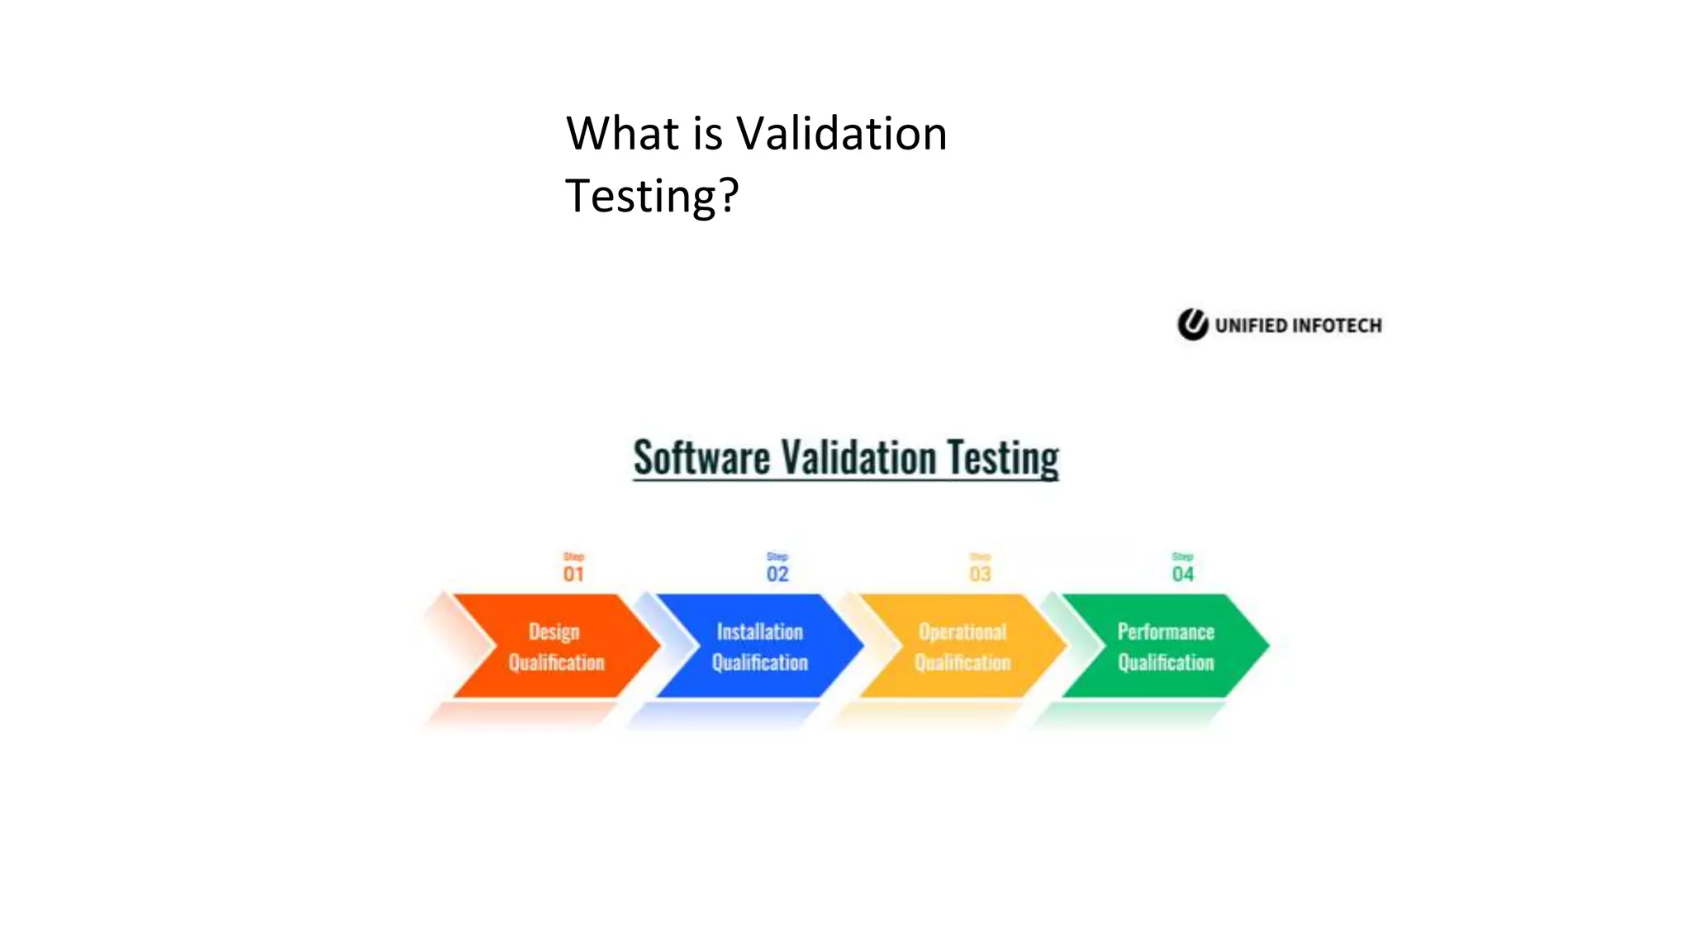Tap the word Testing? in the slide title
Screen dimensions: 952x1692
point(652,196)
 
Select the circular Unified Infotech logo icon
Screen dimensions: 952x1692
point(1192,325)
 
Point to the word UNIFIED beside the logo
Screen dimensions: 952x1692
point(1251,326)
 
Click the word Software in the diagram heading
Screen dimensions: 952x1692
point(701,458)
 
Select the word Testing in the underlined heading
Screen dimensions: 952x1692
point(1002,458)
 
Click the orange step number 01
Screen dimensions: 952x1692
point(573,574)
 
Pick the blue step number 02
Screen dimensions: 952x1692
point(777,574)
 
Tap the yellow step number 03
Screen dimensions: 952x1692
point(980,574)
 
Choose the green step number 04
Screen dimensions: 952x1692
point(1183,574)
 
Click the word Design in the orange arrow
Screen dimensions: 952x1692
point(554,632)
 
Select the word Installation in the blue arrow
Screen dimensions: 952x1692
point(759,632)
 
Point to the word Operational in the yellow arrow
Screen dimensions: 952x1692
point(962,632)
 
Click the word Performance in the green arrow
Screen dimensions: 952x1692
point(1166,632)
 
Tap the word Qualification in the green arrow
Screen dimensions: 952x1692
point(1166,663)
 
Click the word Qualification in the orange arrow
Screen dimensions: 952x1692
point(556,663)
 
